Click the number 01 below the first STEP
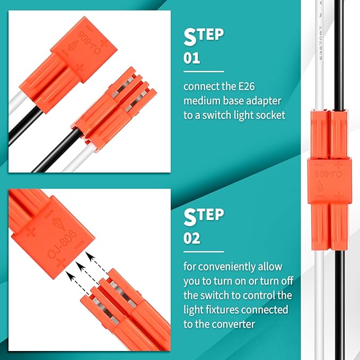point(191,58)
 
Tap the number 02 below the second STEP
point(192,239)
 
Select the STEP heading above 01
point(204,37)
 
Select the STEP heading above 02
point(204,217)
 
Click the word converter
point(233,323)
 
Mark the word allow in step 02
point(269,266)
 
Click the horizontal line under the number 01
point(204,71)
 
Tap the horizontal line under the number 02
point(204,252)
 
